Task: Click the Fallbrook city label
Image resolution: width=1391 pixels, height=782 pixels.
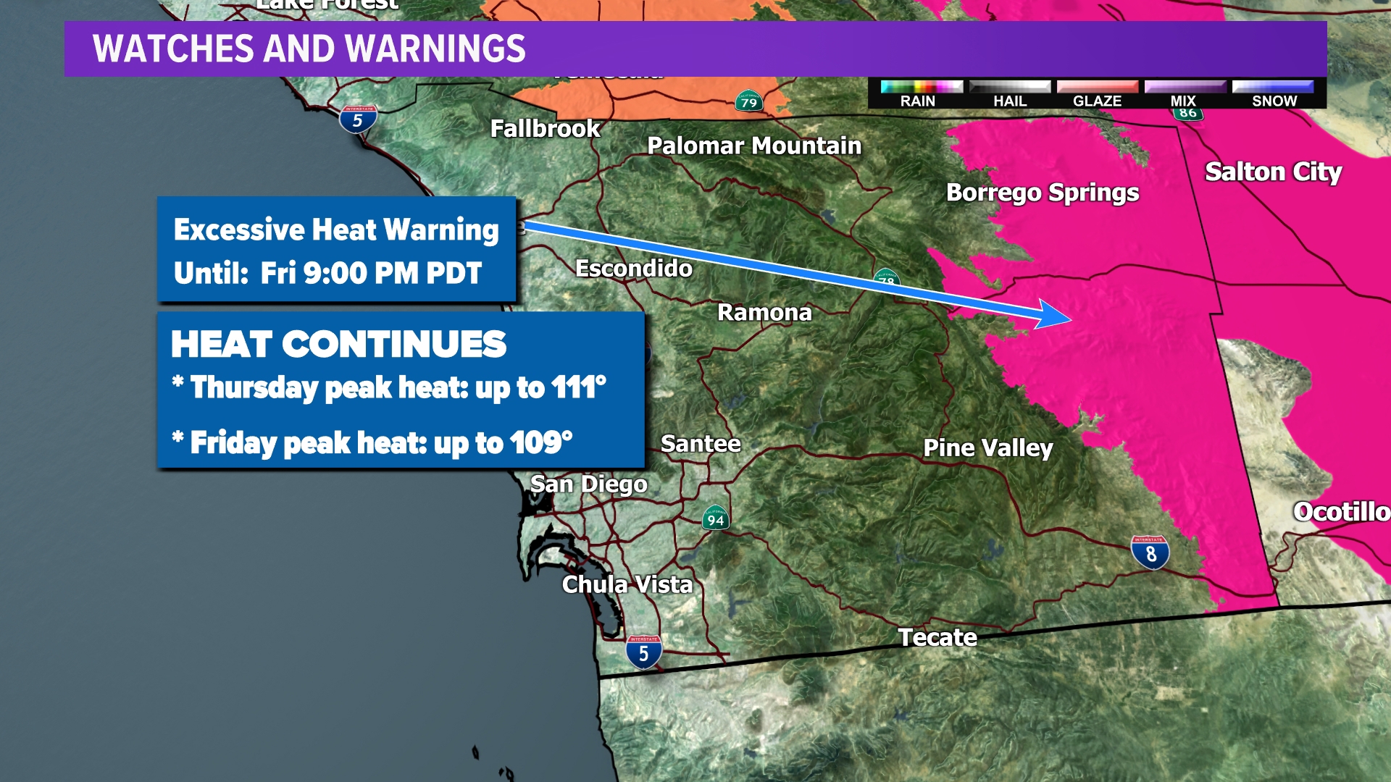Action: [x=545, y=129]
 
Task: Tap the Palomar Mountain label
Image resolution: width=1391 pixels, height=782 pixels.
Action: [x=754, y=146]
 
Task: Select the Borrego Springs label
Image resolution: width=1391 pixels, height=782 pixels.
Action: [x=1043, y=193]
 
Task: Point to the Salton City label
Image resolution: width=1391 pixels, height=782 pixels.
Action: [x=1273, y=172]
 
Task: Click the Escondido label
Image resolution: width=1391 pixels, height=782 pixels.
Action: [x=634, y=269]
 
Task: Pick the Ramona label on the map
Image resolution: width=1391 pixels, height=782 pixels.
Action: [x=764, y=312]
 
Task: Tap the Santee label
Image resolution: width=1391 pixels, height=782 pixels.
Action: [x=701, y=443]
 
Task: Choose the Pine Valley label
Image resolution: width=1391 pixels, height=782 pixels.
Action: [x=987, y=448]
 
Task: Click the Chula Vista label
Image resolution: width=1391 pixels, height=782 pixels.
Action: [x=627, y=584]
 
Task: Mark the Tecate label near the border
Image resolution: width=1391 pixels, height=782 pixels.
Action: [x=937, y=637]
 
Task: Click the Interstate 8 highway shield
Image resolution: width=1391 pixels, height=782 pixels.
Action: [x=1150, y=553]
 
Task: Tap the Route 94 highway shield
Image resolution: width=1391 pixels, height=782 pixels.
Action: [x=715, y=518]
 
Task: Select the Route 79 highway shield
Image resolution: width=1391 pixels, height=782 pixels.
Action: [x=748, y=101]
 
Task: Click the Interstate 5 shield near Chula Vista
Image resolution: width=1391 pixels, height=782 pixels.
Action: [x=643, y=652]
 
